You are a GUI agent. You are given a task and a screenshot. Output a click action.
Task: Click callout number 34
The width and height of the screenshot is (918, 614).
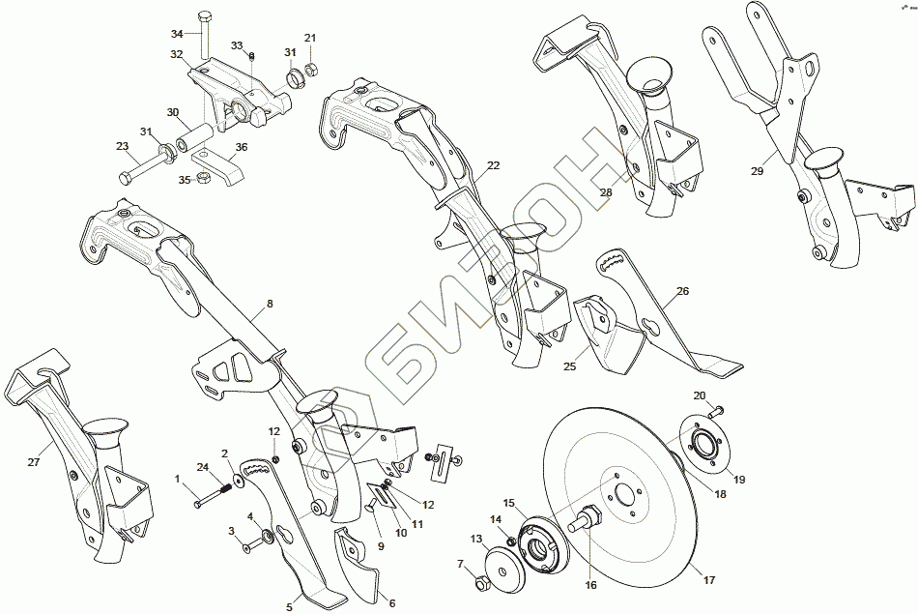(x=177, y=33)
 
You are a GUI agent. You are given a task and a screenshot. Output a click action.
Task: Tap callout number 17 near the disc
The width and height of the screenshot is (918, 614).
(x=708, y=580)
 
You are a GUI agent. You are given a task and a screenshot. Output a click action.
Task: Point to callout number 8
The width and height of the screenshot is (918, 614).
(x=270, y=304)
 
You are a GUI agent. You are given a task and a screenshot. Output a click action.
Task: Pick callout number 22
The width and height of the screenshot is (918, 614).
(x=493, y=165)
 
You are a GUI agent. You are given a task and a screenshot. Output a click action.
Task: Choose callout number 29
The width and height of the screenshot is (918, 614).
(x=757, y=170)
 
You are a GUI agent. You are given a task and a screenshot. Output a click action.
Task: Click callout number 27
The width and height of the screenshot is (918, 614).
(x=34, y=462)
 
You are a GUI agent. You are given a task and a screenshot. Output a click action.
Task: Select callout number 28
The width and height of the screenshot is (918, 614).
(x=606, y=192)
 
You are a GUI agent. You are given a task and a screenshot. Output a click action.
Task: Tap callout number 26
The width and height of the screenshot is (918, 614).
(x=682, y=291)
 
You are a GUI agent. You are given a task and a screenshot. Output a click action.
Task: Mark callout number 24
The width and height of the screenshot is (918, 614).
(x=202, y=468)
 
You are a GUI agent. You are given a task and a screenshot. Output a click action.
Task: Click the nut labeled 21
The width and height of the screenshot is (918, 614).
(x=311, y=69)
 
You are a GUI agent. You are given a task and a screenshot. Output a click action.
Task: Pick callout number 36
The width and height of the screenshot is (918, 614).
(x=241, y=147)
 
